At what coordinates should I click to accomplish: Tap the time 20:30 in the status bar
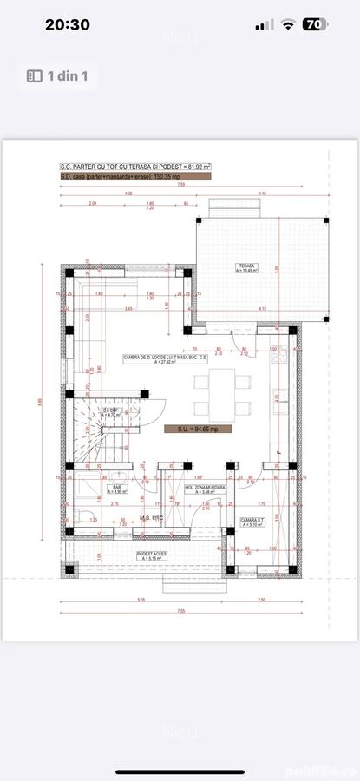coord(67,25)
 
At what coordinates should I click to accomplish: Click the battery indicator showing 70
coord(316,25)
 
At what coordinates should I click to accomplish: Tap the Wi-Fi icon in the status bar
coord(288,25)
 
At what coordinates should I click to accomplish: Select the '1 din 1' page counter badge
coord(58,76)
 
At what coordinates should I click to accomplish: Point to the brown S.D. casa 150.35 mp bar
coord(134,176)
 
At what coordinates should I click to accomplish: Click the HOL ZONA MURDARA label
coord(206,489)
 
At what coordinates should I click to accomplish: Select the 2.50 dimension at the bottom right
coord(261,599)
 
